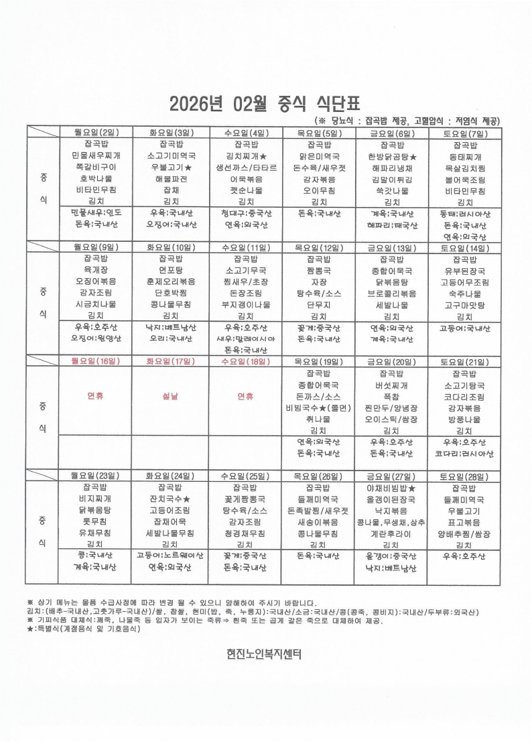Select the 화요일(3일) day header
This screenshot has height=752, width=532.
[170, 133]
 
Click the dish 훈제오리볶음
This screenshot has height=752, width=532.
[170, 281]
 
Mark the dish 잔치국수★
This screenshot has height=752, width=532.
[170, 499]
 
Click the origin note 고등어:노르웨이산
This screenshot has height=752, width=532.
[170, 556]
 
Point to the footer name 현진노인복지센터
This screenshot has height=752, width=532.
[265, 654]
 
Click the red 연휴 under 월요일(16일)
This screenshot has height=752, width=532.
[96, 396]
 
